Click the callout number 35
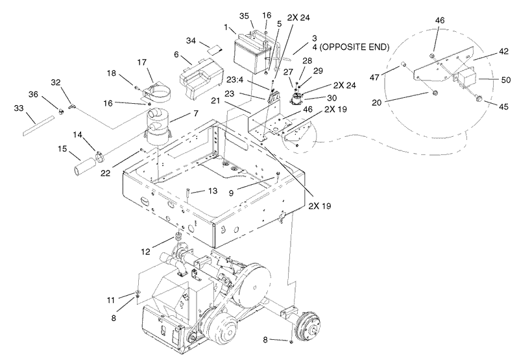226,15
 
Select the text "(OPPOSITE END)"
356,47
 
